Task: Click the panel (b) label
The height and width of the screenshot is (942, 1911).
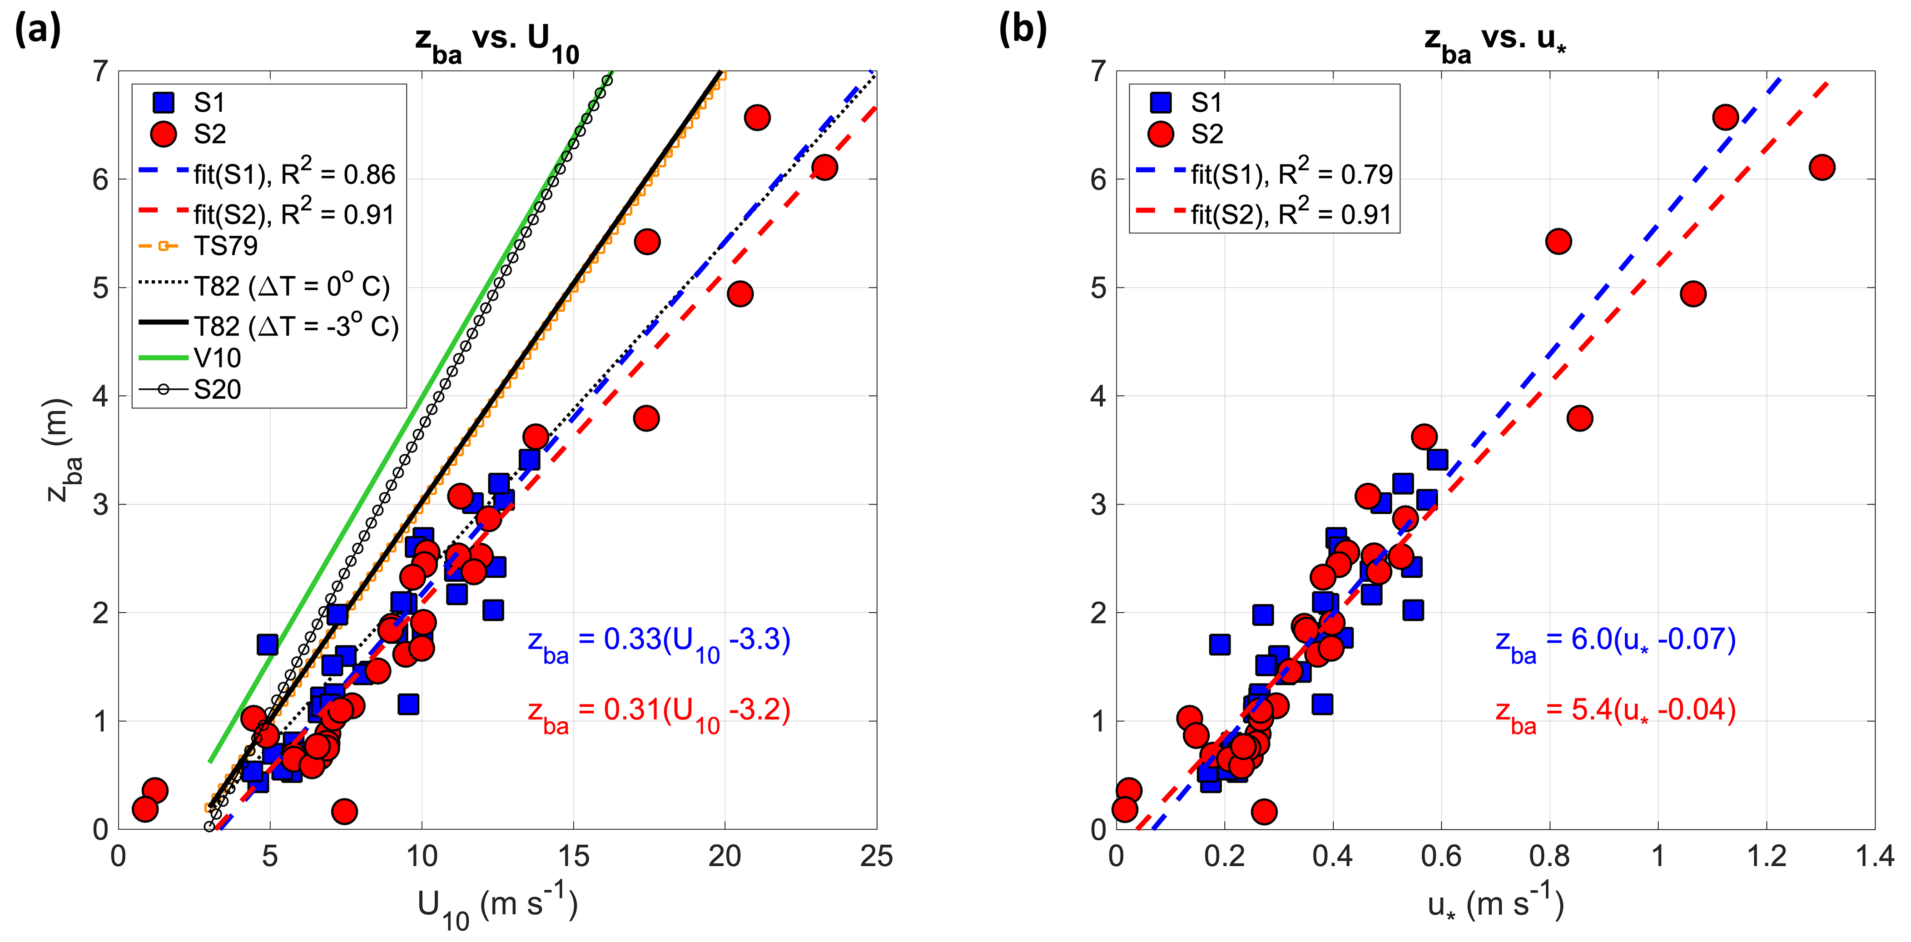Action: tap(1022, 31)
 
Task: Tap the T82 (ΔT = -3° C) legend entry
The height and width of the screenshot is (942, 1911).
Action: tap(295, 326)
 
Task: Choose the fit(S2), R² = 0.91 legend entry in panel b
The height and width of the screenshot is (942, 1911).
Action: tap(1291, 214)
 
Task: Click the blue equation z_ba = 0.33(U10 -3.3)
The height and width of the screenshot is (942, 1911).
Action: tap(659, 642)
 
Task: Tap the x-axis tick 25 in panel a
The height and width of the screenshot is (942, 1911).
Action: tap(876, 857)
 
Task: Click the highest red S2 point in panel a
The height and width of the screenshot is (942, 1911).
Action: tap(757, 117)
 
